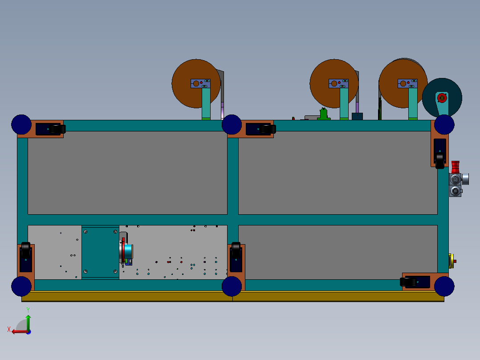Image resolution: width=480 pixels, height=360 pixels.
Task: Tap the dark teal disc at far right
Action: pos(452,100)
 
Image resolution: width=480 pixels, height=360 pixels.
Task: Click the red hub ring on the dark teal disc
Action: pos(442,98)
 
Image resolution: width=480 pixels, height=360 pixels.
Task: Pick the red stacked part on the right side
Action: pos(456,167)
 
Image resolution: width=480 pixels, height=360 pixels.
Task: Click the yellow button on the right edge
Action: pos(451,261)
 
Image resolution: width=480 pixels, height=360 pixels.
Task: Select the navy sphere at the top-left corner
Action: pos(21,124)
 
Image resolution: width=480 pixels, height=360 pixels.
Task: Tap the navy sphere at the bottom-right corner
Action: pos(444,286)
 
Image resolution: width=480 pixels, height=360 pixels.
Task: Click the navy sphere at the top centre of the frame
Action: pos(232,124)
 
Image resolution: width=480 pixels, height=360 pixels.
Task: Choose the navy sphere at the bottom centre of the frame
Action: pos(232,286)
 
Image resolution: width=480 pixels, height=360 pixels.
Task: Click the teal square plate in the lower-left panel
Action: pos(100,253)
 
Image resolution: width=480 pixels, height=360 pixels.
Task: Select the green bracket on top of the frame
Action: pos(324,114)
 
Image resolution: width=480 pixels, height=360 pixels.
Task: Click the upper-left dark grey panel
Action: pos(127,172)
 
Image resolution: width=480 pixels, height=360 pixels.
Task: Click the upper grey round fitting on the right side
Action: pos(455,179)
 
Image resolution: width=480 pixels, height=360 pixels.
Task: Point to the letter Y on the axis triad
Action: pos(28,309)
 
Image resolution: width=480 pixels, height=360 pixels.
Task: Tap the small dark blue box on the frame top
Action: pos(357,116)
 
